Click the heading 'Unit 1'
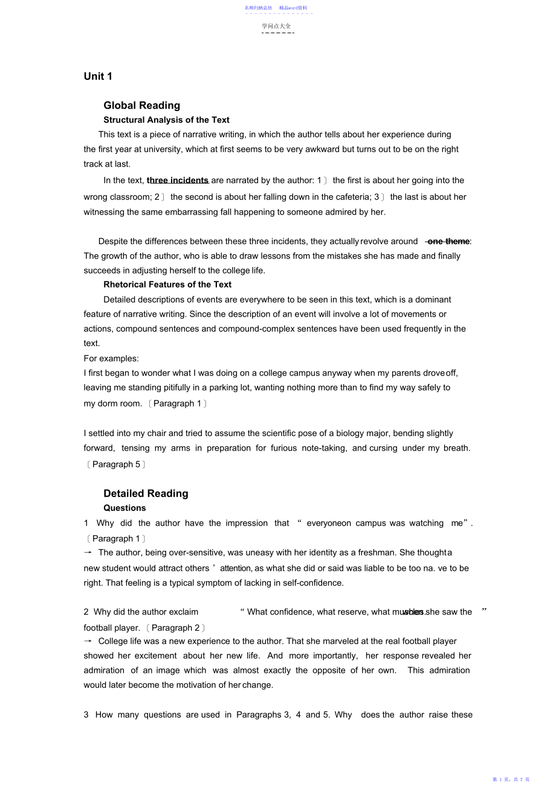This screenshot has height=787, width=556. pyautogui.click(x=98, y=76)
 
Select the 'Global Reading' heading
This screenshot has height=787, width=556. pyautogui.click(x=141, y=105)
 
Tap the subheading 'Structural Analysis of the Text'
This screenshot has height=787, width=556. pyautogui.click(x=166, y=120)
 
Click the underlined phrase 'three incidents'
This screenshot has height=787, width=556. pyautogui.click(x=178, y=180)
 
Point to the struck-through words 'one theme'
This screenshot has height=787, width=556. pyautogui.click(x=448, y=241)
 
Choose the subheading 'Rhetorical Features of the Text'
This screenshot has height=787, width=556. pyautogui.click(x=167, y=284)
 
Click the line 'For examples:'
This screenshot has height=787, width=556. pyautogui.click(x=111, y=358)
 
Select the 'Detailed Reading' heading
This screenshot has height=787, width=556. pyautogui.click(x=146, y=493)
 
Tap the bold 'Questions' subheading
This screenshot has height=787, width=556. pyautogui.click(x=124, y=508)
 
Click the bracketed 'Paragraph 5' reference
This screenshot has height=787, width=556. pyautogui.click(x=116, y=464)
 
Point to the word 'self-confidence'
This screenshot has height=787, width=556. pyautogui.click(x=313, y=583)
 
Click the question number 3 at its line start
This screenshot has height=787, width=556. pyautogui.click(x=86, y=715)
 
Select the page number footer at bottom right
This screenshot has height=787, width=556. pyautogui.click(x=511, y=780)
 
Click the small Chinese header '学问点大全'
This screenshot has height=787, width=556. pyautogui.click(x=277, y=26)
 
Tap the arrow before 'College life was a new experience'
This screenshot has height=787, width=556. pyautogui.click(x=88, y=641)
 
